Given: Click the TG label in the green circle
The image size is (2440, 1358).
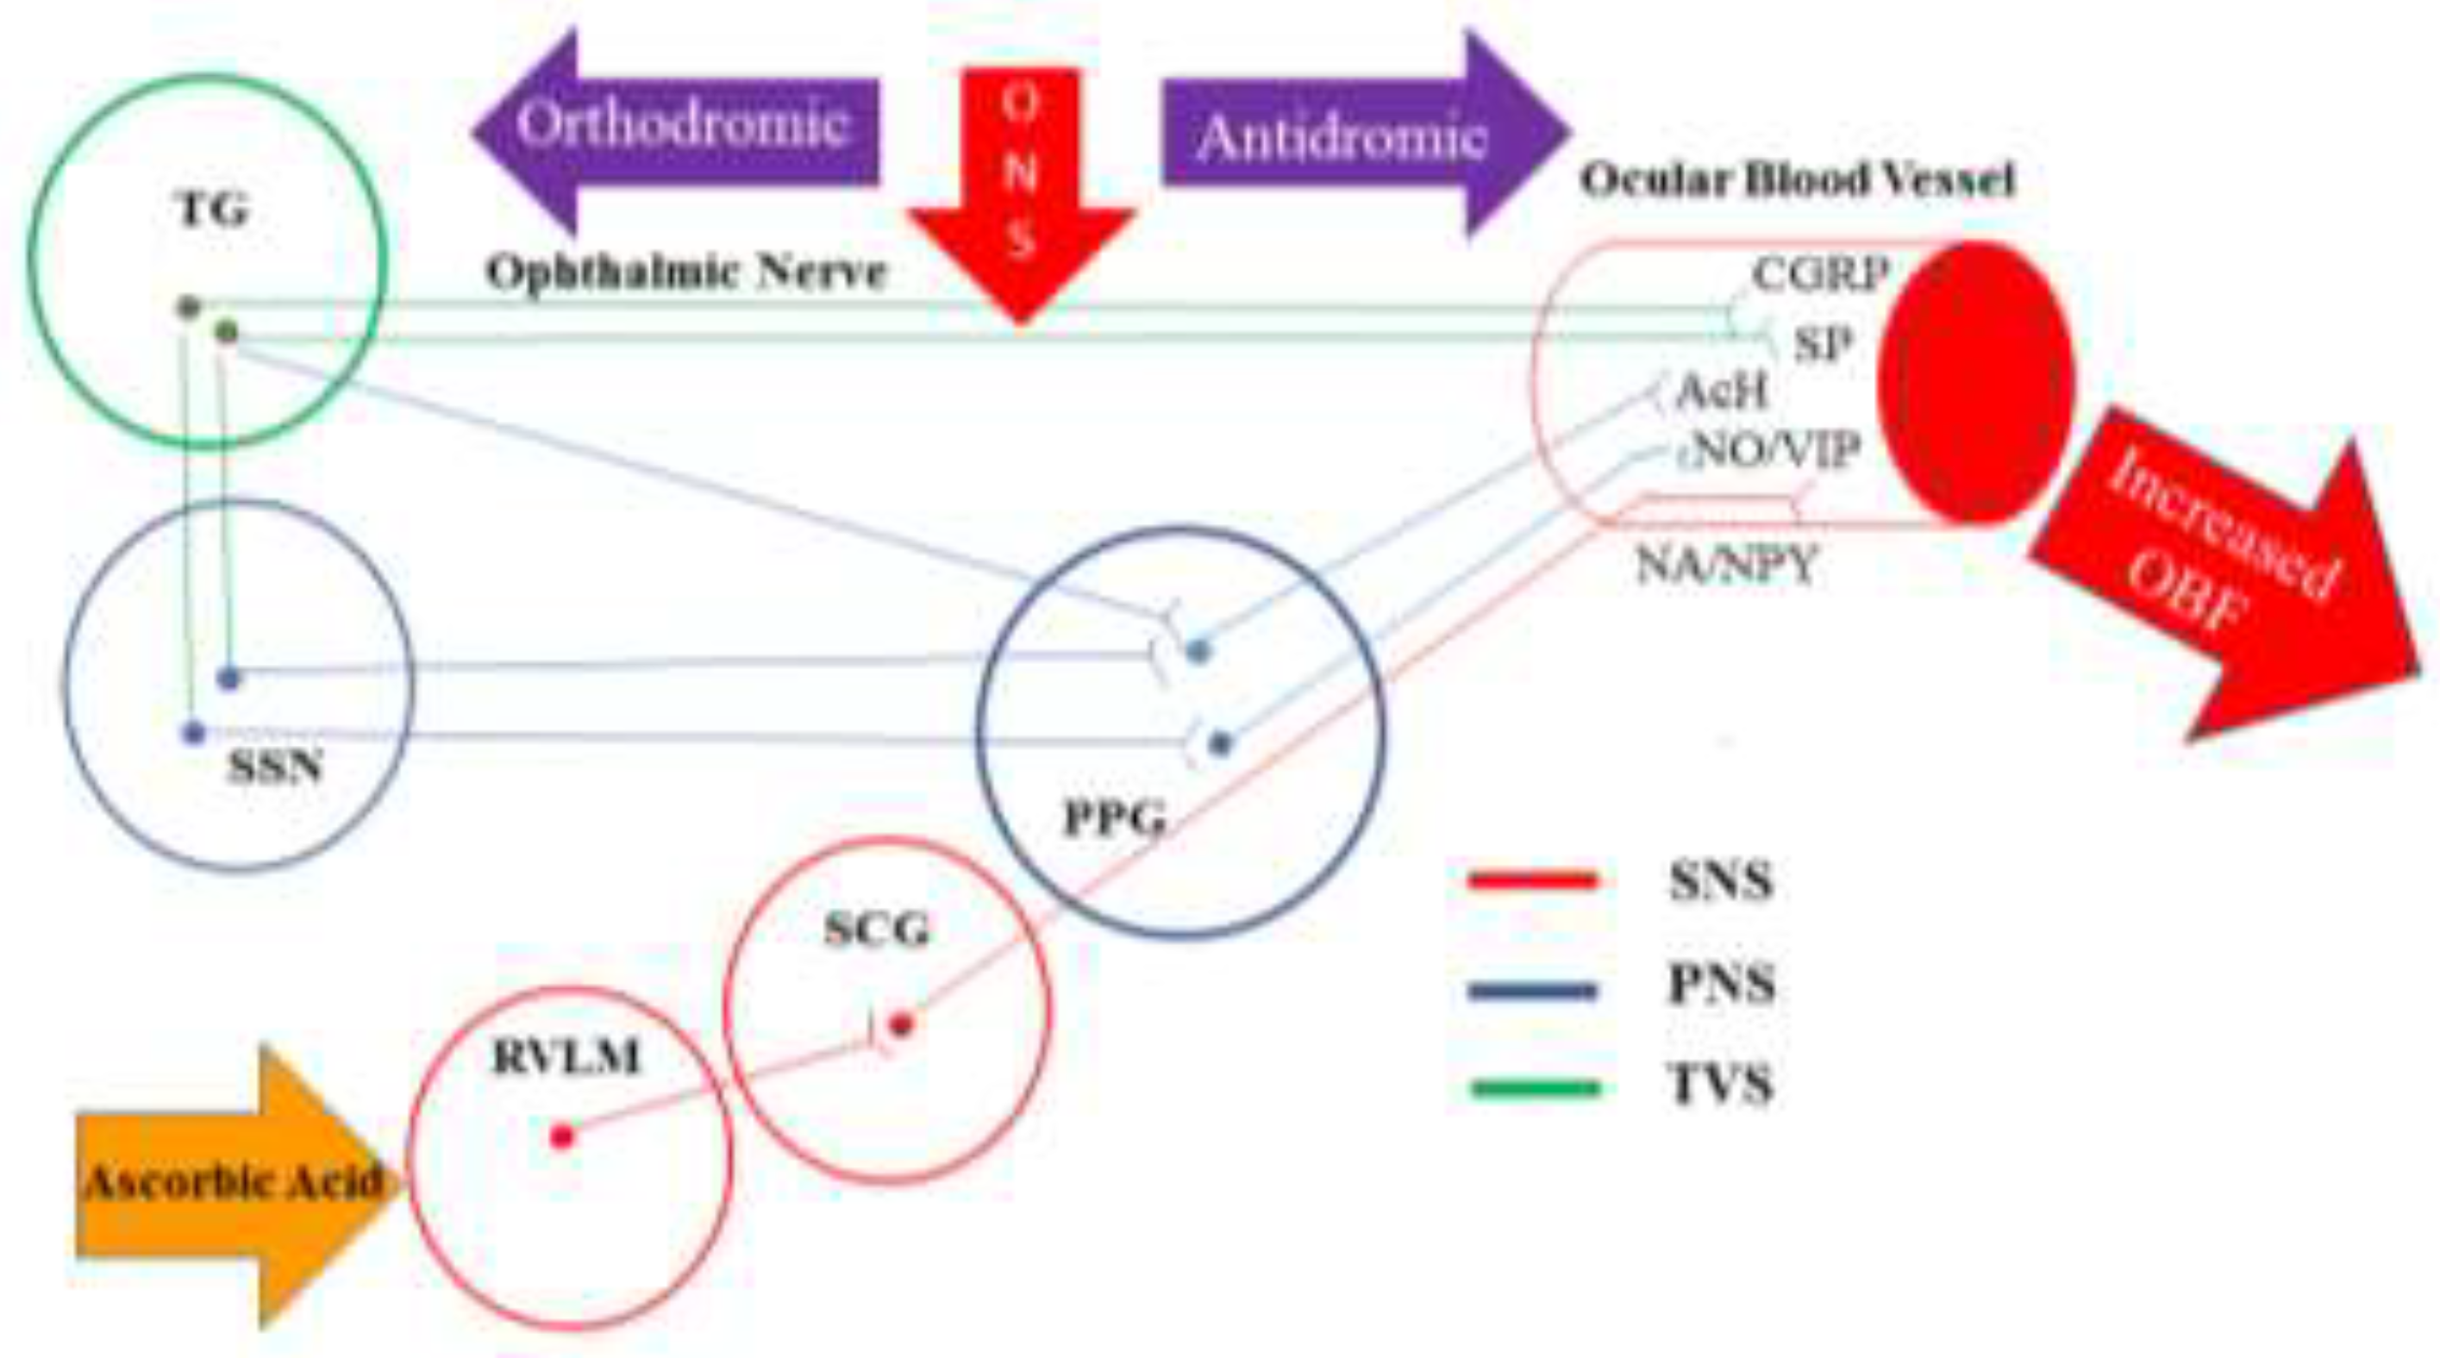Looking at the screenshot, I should click(x=214, y=210).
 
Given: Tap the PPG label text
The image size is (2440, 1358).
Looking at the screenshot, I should click(x=1114, y=818).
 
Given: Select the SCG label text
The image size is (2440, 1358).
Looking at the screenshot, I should click(x=876, y=930).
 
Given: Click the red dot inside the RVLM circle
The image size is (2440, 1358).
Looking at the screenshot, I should click(x=561, y=1136).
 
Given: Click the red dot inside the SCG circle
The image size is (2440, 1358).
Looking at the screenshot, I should click(x=902, y=1023).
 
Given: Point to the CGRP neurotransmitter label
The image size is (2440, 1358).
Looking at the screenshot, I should click(x=1819, y=276).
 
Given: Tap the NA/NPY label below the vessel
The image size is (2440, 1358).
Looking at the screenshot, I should click(x=1726, y=566).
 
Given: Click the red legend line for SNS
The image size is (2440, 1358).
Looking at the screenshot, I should click(x=1534, y=880).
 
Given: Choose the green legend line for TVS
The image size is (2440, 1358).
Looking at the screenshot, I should click(x=1536, y=1088).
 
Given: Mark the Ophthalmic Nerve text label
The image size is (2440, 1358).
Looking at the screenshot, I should click(x=685, y=272).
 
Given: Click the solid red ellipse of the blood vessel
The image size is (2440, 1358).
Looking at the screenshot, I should click(x=1976, y=382).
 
